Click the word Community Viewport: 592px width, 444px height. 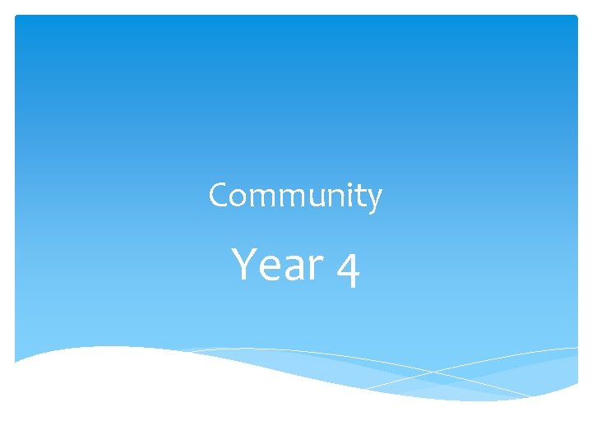(x=295, y=197)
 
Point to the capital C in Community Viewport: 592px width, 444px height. (x=219, y=196)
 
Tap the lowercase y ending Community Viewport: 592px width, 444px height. (x=375, y=200)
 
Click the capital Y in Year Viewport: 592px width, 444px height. (x=244, y=264)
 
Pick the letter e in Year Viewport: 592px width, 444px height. (x=269, y=268)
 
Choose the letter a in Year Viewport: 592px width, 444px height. (x=293, y=268)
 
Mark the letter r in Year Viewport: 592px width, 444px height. (x=315, y=268)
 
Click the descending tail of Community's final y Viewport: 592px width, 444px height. (x=372, y=211)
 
